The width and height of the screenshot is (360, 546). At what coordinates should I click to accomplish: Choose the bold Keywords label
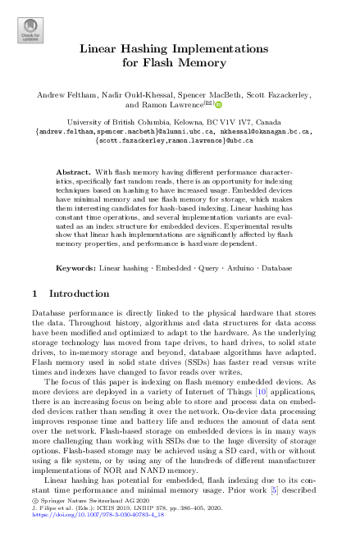pyautogui.click(x=75, y=267)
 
